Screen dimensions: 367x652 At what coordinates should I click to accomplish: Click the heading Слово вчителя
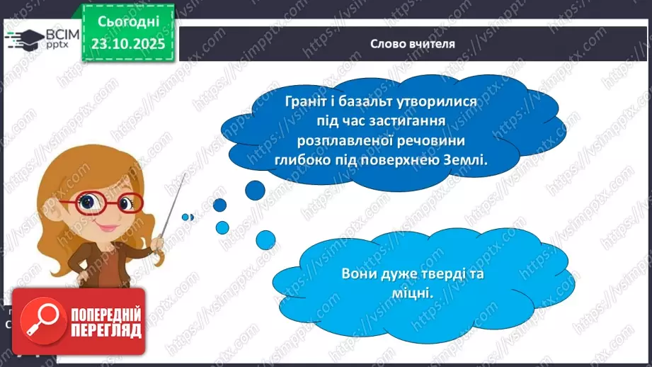[x=413, y=43]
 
